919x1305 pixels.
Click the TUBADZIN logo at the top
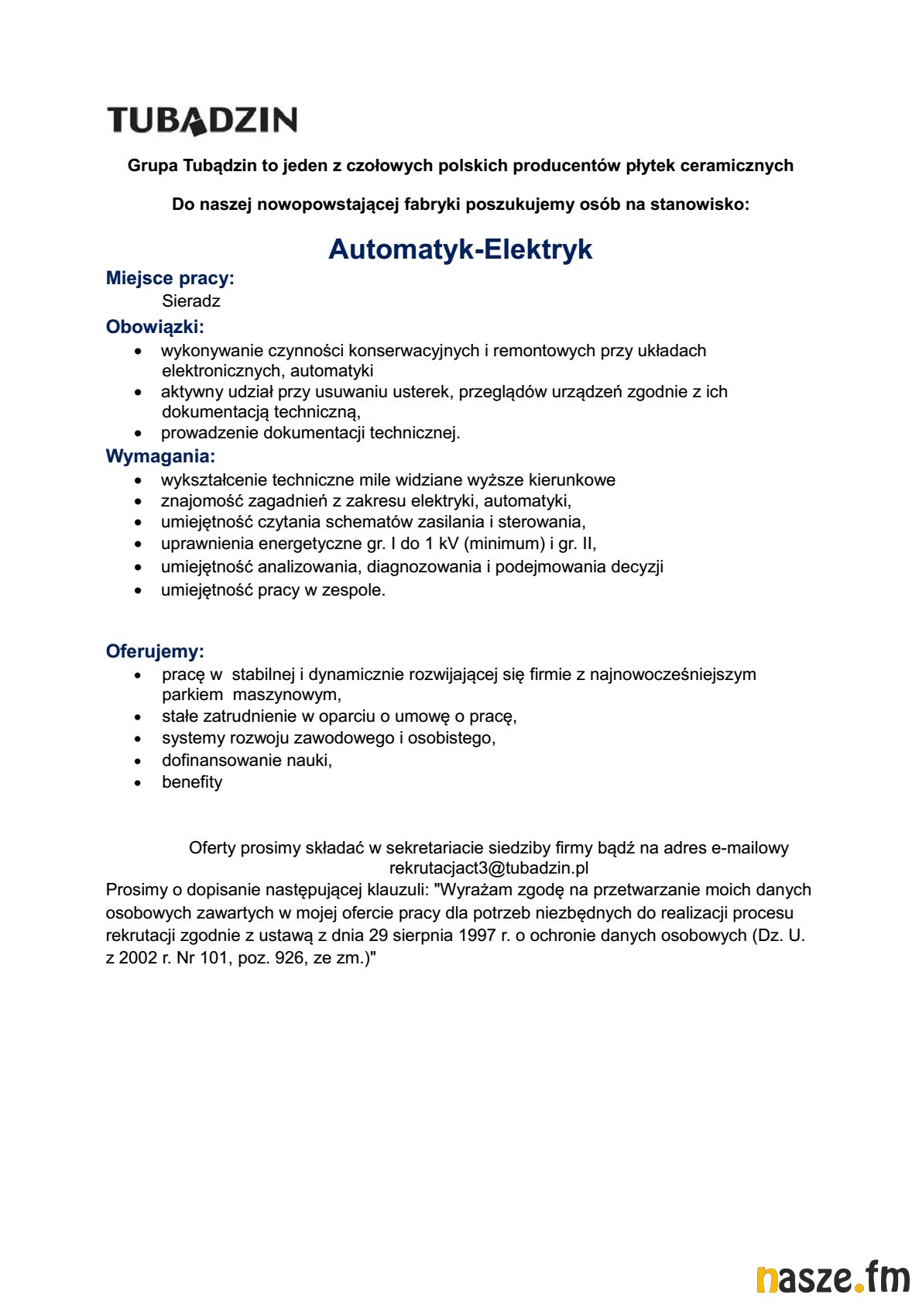202,120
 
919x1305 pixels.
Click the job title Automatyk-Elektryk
460,249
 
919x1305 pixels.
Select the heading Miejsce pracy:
170,278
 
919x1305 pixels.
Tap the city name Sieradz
191,301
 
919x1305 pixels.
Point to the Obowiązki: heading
155,327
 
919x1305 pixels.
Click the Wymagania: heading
160,456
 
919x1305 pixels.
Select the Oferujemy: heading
155,651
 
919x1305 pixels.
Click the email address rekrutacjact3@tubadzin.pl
489,868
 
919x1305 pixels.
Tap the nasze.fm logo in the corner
832,1277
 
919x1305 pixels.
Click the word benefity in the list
192,782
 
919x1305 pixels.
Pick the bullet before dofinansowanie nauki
138,761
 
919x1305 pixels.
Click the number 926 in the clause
289,958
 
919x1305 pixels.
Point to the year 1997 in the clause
477,936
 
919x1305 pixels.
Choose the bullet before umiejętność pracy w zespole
138,591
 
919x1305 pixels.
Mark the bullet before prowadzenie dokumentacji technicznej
138,434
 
